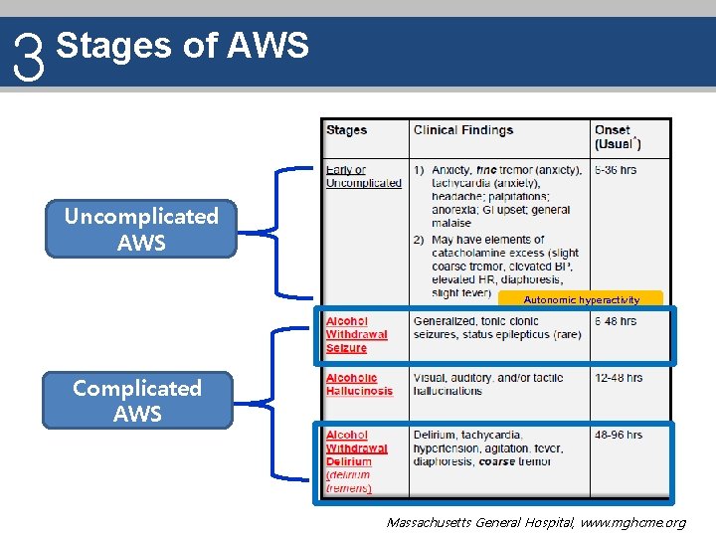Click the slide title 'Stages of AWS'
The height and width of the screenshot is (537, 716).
point(183,45)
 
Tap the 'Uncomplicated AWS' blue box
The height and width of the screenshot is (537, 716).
point(141,229)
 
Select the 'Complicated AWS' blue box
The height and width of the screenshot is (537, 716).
point(137,400)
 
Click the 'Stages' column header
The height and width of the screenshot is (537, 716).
point(347,130)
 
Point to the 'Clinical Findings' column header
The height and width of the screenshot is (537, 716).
point(463,130)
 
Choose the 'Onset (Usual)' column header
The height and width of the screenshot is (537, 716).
point(618,137)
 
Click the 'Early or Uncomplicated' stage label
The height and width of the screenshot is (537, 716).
point(363,176)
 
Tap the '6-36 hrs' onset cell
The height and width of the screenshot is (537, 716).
point(616,170)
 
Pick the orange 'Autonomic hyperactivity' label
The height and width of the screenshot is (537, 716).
point(582,299)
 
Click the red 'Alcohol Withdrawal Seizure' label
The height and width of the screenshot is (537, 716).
point(356,334)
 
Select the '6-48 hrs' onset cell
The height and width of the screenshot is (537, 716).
point(616,321)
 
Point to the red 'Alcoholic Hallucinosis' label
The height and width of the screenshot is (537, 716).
point(359,384)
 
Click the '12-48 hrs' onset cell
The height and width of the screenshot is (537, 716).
point(618,378)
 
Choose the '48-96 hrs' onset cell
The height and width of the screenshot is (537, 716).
point(618,435)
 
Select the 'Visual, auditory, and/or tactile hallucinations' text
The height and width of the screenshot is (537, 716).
point(488,384)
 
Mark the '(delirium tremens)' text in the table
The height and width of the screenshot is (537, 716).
point(349,481)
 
